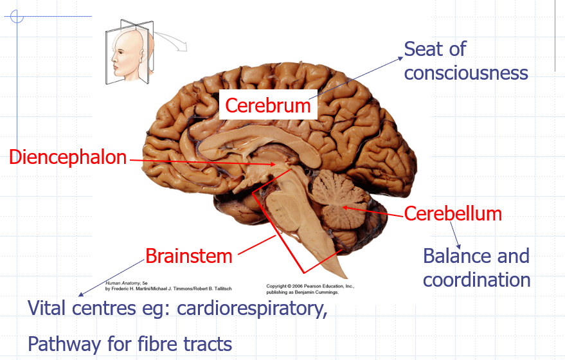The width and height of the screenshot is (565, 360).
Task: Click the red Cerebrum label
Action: point(268,105)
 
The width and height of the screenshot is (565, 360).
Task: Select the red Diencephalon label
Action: point(68,157)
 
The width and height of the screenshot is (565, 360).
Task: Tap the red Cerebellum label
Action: point(453,213)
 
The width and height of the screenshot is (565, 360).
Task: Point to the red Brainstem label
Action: point(188,256)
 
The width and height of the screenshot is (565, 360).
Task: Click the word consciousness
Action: point(466,73)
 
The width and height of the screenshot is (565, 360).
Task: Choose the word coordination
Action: point(476,280)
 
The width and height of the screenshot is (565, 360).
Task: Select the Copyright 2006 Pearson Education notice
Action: point(310,288)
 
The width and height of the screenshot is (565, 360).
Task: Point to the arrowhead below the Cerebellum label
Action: point(459,248)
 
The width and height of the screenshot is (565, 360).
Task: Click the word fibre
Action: point(141,344)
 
